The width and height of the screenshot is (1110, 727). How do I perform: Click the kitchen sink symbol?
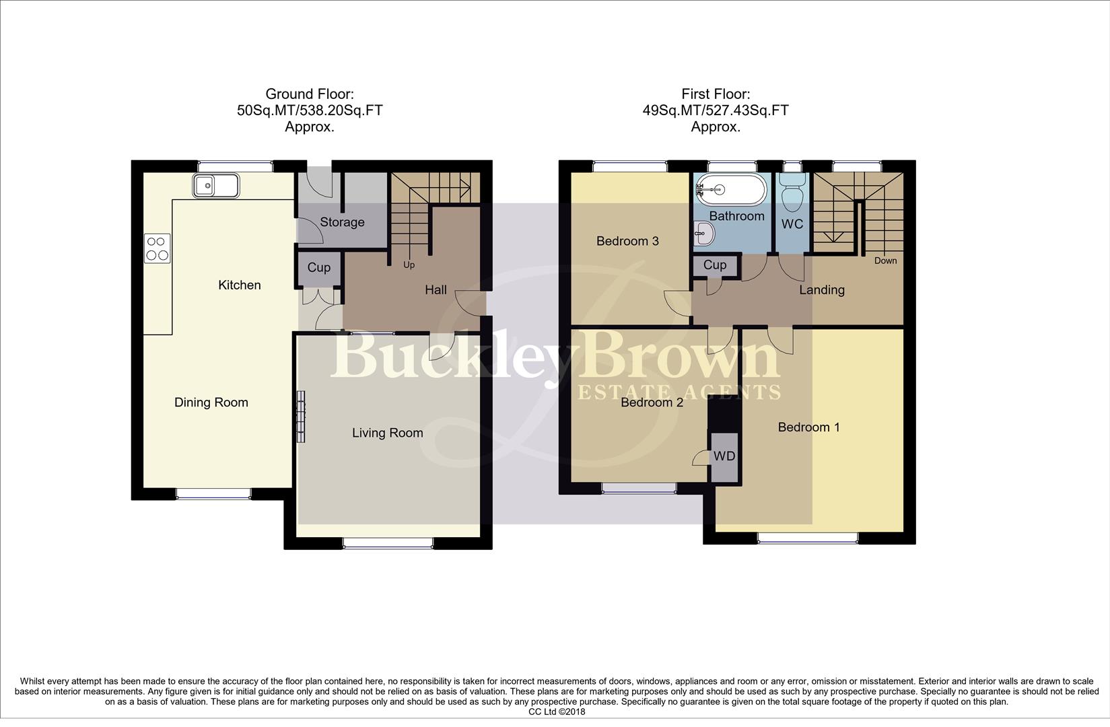215,185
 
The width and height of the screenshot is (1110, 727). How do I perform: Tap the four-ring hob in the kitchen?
157,248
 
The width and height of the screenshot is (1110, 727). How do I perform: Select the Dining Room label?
211,403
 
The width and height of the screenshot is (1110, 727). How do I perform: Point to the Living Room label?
387,433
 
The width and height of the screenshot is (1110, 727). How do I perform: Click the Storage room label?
342,222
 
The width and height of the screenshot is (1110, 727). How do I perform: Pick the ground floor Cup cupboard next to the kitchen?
318,268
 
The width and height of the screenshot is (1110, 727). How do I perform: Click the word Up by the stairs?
409,265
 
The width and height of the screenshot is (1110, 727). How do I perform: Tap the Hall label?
436,290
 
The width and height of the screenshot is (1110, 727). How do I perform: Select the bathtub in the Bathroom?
731,189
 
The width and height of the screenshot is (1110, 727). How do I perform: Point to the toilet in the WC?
792,189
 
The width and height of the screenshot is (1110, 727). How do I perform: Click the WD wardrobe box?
724,456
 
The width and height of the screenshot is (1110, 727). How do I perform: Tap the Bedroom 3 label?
627,241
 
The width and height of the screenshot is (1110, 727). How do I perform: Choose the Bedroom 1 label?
808,427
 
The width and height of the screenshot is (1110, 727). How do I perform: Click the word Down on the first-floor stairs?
885,261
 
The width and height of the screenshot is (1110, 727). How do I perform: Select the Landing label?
821,290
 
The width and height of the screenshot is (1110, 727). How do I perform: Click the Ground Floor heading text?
309,94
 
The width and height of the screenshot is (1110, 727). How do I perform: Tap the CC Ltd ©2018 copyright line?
557,712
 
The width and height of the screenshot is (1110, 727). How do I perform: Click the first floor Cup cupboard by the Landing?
714,265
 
